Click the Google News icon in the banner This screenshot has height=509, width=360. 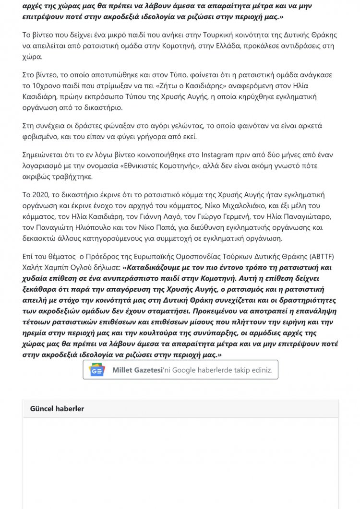96,370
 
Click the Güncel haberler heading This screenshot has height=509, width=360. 57,408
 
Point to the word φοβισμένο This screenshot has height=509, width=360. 43,137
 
